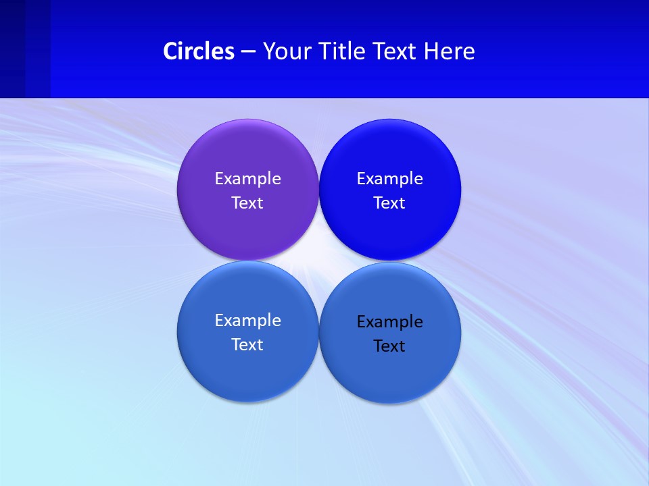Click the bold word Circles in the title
[199, 51]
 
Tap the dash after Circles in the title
[248, 52]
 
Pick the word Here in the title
[450, 51]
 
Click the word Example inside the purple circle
[247, 178]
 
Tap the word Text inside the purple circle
[247, 202]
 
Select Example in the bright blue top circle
[389, 178]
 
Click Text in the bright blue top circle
[389, 202]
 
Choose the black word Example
[389, 321]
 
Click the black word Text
[389, 346]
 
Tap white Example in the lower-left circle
[247, 320]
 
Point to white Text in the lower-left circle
[247, 344]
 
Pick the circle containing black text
[389, 375]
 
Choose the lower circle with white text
[247, 375]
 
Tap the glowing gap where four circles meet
[318, 261]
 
